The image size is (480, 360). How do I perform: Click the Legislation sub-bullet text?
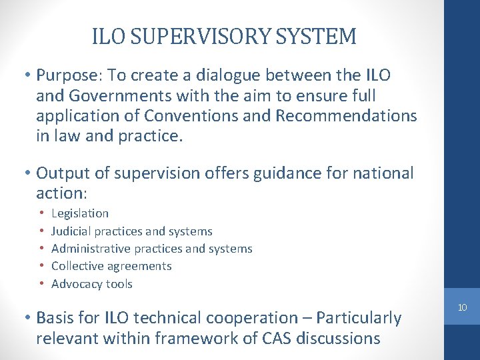click(x=80, y=213)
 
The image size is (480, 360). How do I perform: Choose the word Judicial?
click(x=71, y=231)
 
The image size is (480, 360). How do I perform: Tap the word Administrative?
click(x=91, y=249)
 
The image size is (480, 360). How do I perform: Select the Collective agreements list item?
click(x=111, y=266)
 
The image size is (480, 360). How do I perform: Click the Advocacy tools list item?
click(x=92, y=284)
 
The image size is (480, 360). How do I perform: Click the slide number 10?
click(x=461, y=307)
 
